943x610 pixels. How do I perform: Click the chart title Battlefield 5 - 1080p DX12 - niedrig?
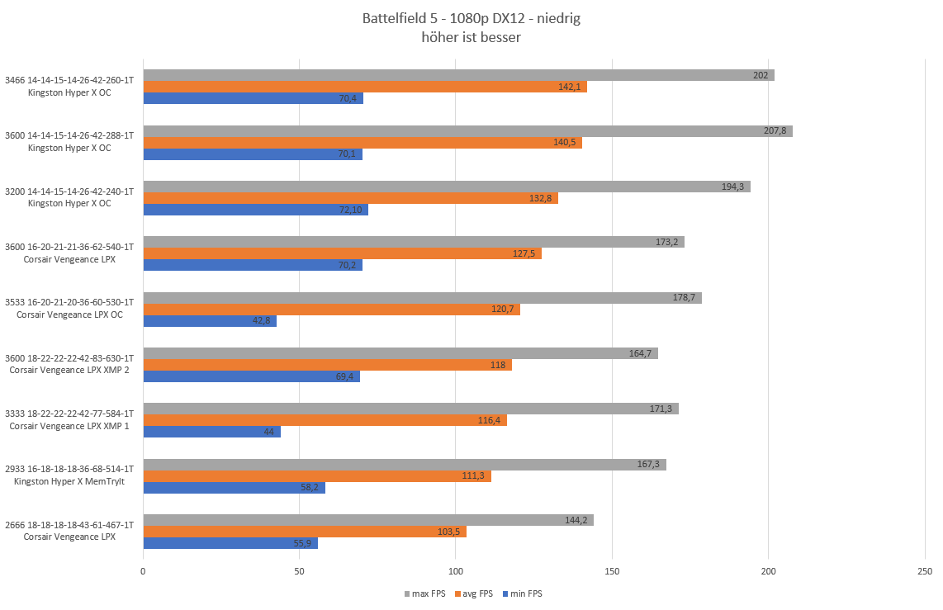[471, 19]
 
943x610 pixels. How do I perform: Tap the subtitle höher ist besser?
[471, 37]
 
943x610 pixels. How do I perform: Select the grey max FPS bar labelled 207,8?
[467, 131]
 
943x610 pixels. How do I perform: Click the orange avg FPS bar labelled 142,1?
[365, 87]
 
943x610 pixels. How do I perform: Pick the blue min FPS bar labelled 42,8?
[210, 321]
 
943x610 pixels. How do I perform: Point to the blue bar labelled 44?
[211, 432]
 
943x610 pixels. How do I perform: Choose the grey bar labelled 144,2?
[368, 520]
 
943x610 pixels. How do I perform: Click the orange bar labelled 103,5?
[305, 532]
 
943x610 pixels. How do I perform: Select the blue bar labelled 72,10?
[255, 210]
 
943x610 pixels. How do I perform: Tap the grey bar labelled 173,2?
[414, 242]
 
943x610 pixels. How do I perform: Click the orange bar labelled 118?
[327, 365]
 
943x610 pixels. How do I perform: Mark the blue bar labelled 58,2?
[234, 487]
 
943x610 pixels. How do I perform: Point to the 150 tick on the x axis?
[612, 572]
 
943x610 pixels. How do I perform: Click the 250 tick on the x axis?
[924, 572]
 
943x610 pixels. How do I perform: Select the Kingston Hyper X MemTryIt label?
[69, 481]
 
